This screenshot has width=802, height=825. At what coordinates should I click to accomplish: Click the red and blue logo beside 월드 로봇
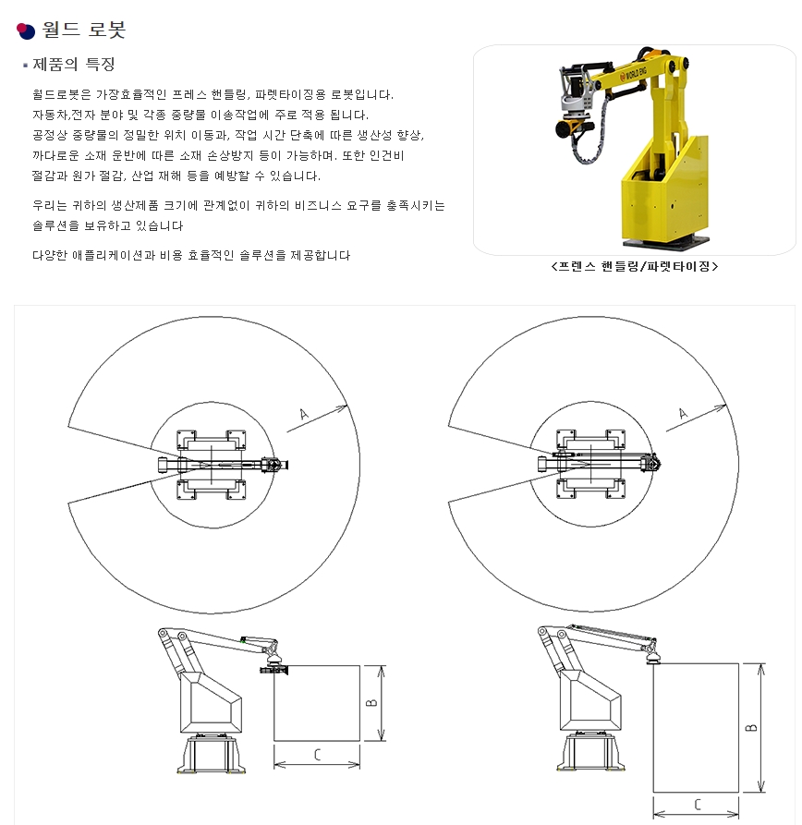tap(25, 31)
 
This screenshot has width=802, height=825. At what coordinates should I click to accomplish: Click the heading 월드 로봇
tap(84, 30)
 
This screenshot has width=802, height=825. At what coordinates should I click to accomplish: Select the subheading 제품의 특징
tap(74, 64)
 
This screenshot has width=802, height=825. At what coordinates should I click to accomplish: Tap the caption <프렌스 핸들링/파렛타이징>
tap(634, 266)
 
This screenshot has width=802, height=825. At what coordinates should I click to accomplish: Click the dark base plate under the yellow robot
tap(666, 242)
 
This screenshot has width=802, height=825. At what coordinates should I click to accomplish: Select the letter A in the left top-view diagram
tap(304, 415)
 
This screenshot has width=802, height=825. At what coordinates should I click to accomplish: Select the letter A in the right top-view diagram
tap(683, 414)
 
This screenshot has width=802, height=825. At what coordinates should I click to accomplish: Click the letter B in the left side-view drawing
tap(371, 702)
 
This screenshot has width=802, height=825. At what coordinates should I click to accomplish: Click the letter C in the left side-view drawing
tap(317, 755)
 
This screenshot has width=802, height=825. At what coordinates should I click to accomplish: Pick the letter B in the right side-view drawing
tap(751, 728)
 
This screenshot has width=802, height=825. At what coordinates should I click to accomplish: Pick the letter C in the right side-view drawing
tap(698, 805)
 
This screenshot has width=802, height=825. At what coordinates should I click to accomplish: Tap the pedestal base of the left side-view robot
tap(212, 754)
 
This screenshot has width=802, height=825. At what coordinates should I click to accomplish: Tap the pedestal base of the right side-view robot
tap(591, 752)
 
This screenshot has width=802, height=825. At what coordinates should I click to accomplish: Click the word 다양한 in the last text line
tap(50, 255)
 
